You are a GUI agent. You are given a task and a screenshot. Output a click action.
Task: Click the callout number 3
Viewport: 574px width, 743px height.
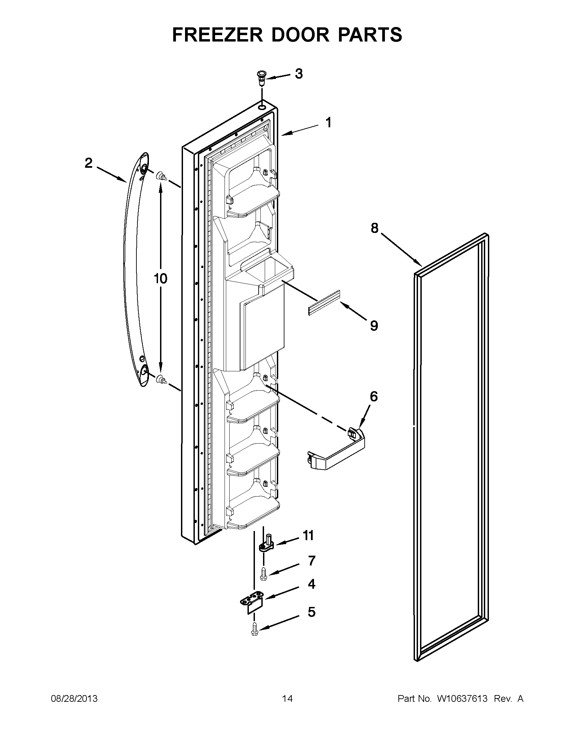298,74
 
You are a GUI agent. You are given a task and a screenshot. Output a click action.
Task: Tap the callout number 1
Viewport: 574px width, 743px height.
328,123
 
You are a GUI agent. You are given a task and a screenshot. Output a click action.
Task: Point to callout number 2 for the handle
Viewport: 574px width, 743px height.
88,164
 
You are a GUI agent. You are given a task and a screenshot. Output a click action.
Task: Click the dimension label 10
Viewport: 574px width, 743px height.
160,278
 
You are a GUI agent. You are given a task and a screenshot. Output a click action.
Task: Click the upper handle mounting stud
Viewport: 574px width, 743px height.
161,177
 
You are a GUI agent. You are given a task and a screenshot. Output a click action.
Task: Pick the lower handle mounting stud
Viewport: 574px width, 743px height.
161,379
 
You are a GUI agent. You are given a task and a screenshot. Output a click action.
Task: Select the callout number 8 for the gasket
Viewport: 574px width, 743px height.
374,228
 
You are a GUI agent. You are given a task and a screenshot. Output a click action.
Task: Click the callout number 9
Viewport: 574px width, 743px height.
374,326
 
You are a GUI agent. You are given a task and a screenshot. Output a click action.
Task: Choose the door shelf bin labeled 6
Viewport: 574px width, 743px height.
335,452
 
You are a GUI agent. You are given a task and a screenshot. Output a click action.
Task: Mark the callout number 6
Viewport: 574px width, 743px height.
373,396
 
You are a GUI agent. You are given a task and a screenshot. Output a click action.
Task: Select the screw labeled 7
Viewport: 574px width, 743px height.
263,575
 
